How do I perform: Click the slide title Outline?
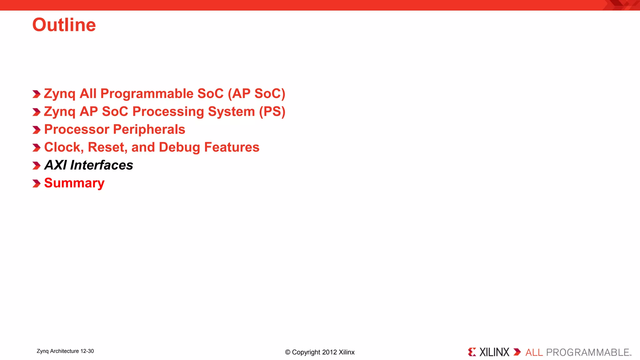(x=64, y=25)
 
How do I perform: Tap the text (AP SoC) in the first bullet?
(x=256, y=94)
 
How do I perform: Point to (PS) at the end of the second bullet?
(x=272, y=112)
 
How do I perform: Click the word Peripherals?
(x=149, y=130)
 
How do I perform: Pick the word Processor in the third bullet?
(x=77, y=130)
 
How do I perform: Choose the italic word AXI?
(x=55, y=165)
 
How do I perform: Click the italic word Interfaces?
(x=102, y=165)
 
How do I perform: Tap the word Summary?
(x=74, y=183)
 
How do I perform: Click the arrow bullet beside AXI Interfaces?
(x=37, y=166)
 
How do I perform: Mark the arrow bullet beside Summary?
(x=37, y=183)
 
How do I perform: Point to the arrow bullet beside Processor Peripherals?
(x=37, y=130)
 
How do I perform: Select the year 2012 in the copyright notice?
(x=329, y=352)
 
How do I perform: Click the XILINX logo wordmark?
(x=494, y=352)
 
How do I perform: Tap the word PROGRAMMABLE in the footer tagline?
(x=587, y=352)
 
